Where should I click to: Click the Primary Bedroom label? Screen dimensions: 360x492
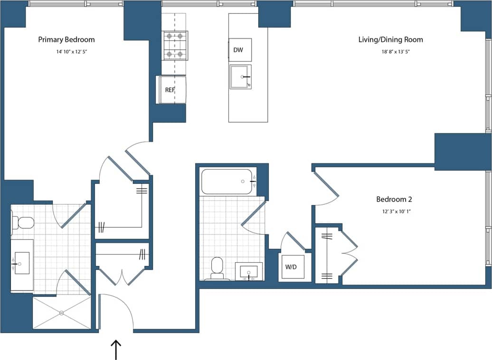pos(66,40)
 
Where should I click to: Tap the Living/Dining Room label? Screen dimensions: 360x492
pos(390,40)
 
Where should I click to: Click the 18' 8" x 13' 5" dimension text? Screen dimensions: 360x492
pos(390,52)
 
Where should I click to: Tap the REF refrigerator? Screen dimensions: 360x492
pos(171,89)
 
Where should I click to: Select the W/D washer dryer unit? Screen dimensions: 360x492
pos(291,267)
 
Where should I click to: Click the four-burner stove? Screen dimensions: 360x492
pos(175,46)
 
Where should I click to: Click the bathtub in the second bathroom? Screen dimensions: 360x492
pos(226,181)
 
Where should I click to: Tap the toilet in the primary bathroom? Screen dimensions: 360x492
pos(23,222)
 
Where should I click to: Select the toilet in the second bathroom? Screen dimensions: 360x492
pos(217,268)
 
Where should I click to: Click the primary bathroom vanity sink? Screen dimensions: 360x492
pos(22,263)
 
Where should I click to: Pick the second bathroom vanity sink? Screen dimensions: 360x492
pos(249,272)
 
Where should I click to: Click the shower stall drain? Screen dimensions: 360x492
pos(61,313)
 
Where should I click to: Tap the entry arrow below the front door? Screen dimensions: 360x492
pos(116,349)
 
